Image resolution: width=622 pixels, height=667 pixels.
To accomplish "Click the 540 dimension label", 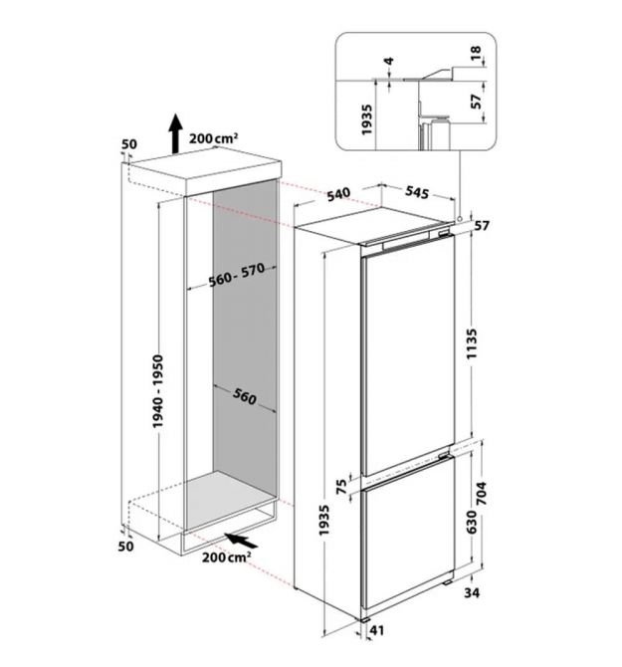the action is [x=338, y=194].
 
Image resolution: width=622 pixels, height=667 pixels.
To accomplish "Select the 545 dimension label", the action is [x=417, y=192].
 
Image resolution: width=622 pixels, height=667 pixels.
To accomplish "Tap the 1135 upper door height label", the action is [x=472, y=343].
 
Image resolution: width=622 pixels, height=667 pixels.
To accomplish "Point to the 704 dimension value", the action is [x=482, y=494].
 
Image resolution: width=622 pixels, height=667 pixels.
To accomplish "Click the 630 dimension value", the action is [x=472, y=522].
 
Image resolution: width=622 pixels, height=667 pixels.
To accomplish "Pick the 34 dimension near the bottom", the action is [x=472, y=592].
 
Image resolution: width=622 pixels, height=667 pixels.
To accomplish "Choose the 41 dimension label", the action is [x=377, y=630].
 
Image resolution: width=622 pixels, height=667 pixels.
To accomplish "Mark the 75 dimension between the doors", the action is [x=341, y=486].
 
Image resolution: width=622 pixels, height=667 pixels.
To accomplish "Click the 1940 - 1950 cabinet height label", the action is [x=157, y=391].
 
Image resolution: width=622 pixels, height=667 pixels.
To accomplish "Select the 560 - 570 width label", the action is [x=237, y=275].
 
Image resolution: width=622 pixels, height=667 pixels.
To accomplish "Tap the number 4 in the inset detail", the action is [x=388, y=62].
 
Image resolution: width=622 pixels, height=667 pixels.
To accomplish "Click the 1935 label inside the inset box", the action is [x=366, y=119].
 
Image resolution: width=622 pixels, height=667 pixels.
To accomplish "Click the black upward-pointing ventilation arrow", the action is [x=175, y=133].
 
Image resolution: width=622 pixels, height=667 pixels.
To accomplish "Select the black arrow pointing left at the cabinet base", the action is [x=241, y=541].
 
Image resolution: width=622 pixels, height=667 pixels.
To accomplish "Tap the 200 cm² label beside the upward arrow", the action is [x=213, y=138].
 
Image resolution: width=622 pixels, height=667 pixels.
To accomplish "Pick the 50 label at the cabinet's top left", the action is [x=129, y=144].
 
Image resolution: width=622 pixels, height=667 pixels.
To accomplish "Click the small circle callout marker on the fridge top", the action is [x=460, y=219].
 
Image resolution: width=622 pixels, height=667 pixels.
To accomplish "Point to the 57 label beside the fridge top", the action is [x=482, y=225].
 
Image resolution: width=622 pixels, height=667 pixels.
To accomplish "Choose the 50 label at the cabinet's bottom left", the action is [x=125, y=546].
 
